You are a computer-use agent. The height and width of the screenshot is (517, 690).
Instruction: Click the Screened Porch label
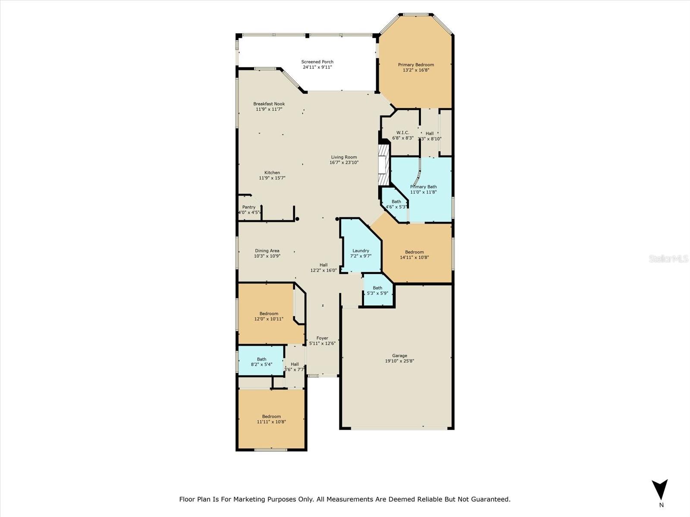[317, 62]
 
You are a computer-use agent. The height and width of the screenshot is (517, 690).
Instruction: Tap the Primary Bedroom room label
[416, 65]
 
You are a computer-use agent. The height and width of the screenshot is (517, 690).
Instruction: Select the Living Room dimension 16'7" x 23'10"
[344, 162]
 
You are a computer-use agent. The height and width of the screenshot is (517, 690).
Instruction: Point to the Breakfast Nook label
[269, 104]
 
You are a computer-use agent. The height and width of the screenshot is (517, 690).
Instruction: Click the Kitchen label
[272, 173]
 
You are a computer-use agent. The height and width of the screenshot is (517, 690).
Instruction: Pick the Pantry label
[249, 207]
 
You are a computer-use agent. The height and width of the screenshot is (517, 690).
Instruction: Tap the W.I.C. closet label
[403, 133]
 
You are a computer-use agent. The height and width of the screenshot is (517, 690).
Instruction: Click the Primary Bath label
[423, 187]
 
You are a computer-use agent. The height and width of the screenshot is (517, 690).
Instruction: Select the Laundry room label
[361, 251]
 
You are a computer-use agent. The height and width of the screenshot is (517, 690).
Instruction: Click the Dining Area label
[267, 251]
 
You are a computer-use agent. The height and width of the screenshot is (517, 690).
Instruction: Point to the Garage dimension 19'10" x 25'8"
[399, 361]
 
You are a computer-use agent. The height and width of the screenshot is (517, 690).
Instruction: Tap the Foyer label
[322, 338]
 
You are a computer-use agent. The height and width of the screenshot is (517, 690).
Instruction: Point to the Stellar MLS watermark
[668, 259]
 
